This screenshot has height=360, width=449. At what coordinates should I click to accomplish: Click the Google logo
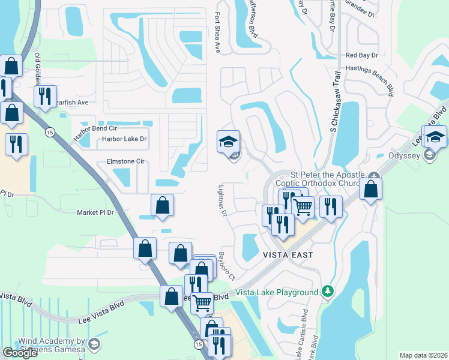coord(20,353)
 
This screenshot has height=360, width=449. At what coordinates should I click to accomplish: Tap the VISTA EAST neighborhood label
coord(288,255)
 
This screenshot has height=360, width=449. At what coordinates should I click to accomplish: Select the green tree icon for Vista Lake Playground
coord(327,292)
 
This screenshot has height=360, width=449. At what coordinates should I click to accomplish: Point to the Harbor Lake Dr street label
coord(124,139)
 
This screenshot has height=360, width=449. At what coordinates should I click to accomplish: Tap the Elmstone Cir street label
coord(125,161)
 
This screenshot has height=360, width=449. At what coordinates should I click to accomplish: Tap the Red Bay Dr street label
coord(361,55)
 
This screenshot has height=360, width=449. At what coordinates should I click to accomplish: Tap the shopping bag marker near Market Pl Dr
coord(162,205)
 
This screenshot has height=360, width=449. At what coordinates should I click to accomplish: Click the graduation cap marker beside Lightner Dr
coord(228,142)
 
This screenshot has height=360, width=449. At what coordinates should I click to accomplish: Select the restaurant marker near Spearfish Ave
coord(45,96)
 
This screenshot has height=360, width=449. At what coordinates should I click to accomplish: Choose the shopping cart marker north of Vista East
coord(303,208)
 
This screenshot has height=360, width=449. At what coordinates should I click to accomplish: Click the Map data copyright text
coord(423,355)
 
